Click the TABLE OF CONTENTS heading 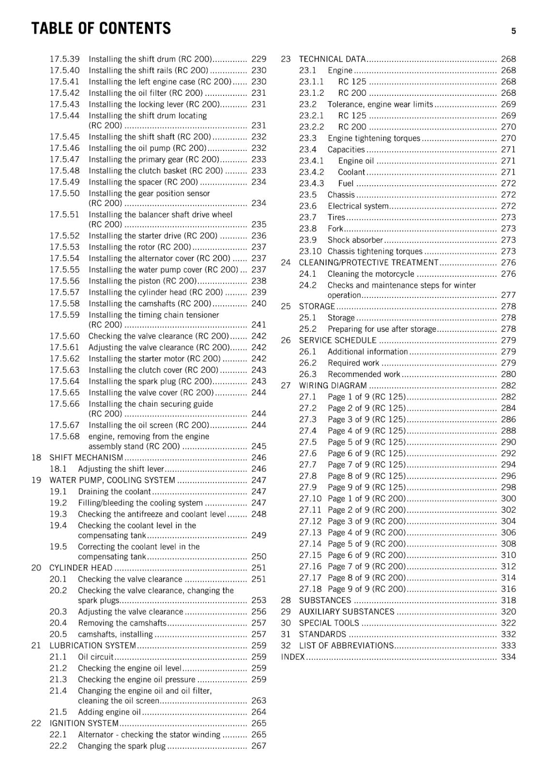coord(101,29)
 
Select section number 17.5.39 coord(64,59)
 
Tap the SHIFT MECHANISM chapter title coord(86,458)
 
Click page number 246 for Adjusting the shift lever coord(258,469)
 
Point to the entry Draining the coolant coord(114,491)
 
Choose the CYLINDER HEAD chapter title coord(81,568)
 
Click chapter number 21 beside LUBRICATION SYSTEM coord(36,645)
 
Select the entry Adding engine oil coord(109,712)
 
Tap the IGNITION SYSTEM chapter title coord(84,723)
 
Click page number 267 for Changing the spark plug coord(258,746)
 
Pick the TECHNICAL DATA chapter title coord(332,59)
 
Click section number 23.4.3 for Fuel coord(311,183)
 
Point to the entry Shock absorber coord(355,240)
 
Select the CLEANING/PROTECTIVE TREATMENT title coord(368,263)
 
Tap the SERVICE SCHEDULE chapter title coord(337,341)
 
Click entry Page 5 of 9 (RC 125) coord(366,442)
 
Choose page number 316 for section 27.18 coord(508,589)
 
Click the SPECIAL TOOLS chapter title coord(329,623)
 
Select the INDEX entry coord(293,657)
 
